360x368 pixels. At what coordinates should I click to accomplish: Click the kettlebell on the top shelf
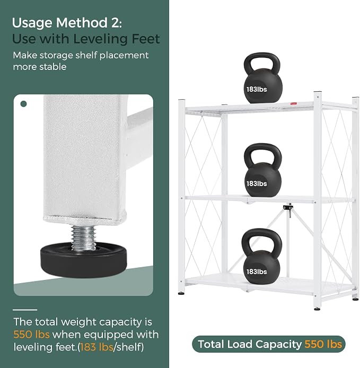click(x=262, y=80)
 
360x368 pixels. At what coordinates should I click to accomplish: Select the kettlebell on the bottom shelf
click(x=262, y=258)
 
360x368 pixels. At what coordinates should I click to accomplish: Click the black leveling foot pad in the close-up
click(x=84, y=261)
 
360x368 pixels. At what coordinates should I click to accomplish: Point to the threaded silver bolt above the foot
click(x=83, y=237)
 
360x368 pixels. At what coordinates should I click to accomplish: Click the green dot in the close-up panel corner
click(x=24, y=104)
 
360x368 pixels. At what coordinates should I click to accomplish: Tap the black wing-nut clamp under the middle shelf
click(x=288, y=208)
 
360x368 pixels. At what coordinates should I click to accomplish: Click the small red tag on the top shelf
click(x=294, y=103)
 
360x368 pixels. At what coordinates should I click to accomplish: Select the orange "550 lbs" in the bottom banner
click(x=323, y=344)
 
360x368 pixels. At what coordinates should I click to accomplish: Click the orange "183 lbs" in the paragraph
click(x=96, y=347)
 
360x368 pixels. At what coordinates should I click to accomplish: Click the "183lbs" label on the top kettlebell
click(x=257, y=90)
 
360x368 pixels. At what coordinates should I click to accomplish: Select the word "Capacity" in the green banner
click(x=278, y=344)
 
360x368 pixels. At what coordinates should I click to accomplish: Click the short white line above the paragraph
click(x=25, y=310)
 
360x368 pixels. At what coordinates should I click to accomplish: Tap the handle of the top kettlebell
click(x=262, y=62)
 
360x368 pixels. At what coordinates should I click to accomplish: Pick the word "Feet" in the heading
click(x=145, y=39)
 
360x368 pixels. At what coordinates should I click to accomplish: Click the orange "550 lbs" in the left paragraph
click(x=31, y=335)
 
